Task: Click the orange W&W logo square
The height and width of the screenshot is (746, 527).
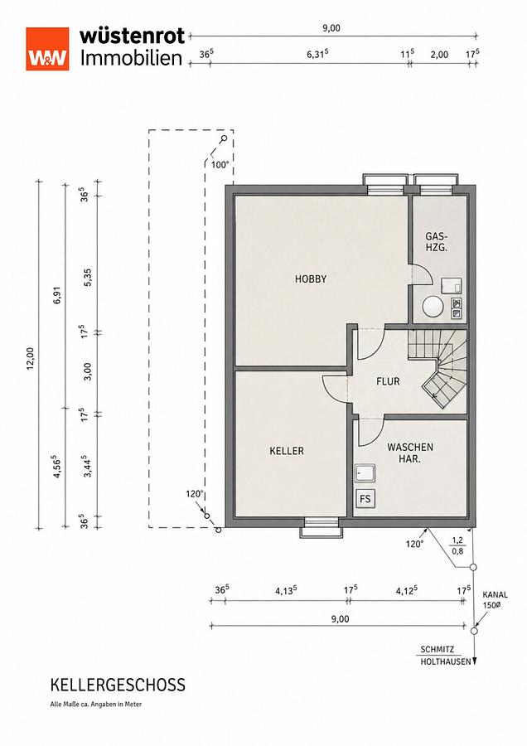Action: [x=47, y=49]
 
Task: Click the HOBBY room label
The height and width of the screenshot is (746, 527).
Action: [x=311, y=279]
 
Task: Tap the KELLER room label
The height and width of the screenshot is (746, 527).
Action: [x=287, y=451]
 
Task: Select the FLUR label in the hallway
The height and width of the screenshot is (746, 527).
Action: [x=388, y=381]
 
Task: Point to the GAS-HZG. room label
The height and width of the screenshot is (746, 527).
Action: [x=437, y=242]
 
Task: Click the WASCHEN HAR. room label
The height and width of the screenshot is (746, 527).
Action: [x=410, y=453]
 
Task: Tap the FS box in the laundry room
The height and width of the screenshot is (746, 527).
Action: [x=365, y=499]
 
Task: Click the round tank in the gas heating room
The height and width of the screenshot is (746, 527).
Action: [x=433, y=306]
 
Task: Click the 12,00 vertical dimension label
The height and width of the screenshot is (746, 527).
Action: [x=31, y=358]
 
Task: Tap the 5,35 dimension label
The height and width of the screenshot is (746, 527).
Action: [x=88, y=278]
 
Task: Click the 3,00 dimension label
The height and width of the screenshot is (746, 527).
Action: [x=88, y=372]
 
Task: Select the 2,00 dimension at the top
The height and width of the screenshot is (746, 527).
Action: [x=439, y=55]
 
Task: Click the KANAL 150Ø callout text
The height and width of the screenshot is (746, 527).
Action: [x=496, y=599]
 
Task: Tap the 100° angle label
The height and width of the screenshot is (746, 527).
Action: [x=220, y=165]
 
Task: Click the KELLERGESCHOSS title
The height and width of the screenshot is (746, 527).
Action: [x=118, y=685]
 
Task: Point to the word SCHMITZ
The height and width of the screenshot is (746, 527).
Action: [x=438, y=649]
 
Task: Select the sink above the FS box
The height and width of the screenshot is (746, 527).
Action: [x=365, y=473]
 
